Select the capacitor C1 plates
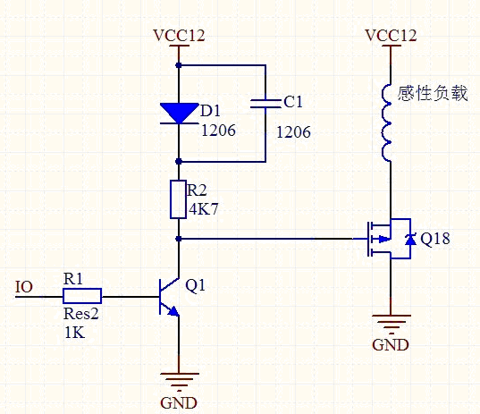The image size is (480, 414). [x=265, y=104]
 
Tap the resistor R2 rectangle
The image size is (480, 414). [x=178, y=199]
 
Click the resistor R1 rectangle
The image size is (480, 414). [x=82, y=296]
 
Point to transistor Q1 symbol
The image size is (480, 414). [x=169, y=297]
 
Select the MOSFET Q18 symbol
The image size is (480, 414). [x=389, y=239]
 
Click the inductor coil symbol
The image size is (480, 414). [x=387, y=123]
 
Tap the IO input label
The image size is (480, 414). [x=24, y=287]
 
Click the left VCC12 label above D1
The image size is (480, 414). [x=179, y=36]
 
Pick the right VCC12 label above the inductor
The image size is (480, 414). [x=391, y=36]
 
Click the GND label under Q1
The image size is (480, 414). [x=179, y=403]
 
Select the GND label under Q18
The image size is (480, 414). [x=391, y=345]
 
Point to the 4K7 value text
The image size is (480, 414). [x=204, y=209]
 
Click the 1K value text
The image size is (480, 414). [x=74, y=333]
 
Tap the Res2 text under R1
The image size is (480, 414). [x=81, y=314]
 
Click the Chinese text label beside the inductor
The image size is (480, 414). [x=433, y=93]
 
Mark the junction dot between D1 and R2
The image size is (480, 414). [x=179, y=161]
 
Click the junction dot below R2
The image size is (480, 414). [x=179, y=239]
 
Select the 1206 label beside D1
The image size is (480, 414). [x=218, y=131]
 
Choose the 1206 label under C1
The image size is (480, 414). [x=293, y=132]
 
